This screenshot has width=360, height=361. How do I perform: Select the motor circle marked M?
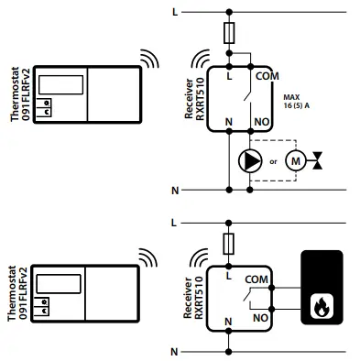295,162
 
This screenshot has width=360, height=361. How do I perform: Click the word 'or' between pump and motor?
273,163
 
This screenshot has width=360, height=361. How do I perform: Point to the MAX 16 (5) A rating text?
296,103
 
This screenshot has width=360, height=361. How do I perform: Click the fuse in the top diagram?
229,34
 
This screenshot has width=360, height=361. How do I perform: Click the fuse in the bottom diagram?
229,244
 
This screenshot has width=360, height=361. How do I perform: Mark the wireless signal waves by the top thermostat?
147,60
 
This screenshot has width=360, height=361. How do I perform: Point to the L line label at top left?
174,14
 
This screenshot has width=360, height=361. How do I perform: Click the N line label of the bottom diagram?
174,351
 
